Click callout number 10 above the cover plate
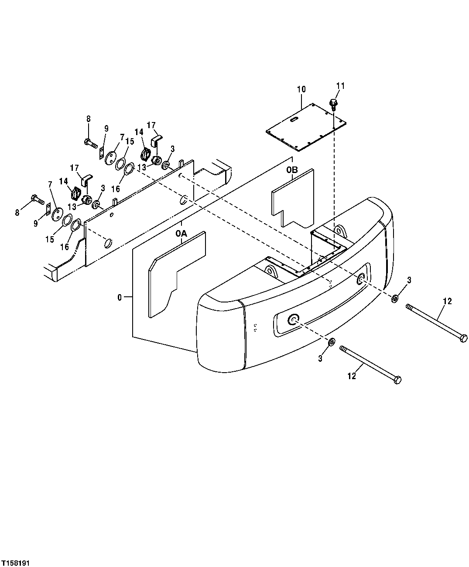[x=301, y=89]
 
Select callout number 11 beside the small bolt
[x=340, y=86]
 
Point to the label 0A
[x=181, y=234]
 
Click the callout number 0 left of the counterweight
[x=120, y=297]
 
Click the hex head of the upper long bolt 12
[x=464, y=338]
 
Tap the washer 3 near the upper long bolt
[x=394, y=299]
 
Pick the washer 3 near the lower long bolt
[x=332, y=341]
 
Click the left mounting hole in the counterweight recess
[x=292, y=320]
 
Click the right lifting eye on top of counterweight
[x=339, y=230]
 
